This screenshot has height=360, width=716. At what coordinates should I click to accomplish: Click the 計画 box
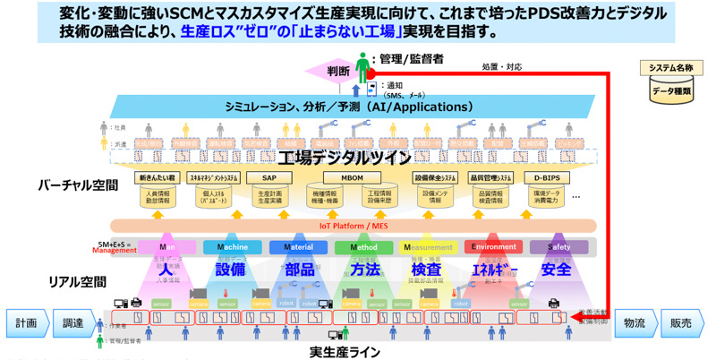[x=24, y=322]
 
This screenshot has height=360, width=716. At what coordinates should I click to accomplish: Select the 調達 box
[x=72, y=322]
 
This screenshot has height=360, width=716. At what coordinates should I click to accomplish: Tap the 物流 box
[x=635, y=322]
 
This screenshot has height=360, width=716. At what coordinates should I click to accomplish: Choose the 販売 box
[x=683, y=322]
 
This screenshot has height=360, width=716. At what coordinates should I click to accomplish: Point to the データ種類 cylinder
[x=674, y=90]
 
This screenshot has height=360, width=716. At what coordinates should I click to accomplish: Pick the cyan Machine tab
[x=232, y=247]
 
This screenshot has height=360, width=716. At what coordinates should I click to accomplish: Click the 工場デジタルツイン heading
[x=345, y=158]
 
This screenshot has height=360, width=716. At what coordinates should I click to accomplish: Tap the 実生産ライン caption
[x=345, y=351]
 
